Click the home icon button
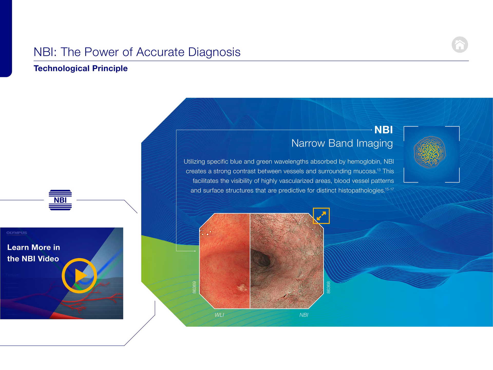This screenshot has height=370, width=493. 460,45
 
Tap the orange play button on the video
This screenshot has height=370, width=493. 79,276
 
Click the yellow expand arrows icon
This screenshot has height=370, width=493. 321,216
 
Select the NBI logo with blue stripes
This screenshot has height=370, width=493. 60,200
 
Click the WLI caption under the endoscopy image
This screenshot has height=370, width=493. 219,315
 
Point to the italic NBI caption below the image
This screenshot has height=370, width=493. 304,315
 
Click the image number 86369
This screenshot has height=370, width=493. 194,287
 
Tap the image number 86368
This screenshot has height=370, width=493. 328,287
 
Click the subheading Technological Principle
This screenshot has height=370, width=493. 81,68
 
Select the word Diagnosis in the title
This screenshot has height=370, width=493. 214,52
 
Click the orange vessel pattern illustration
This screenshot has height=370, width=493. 430,152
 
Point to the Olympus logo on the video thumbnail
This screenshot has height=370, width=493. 17,233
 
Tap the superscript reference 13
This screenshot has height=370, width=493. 379,170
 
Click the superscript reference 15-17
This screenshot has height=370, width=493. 390,189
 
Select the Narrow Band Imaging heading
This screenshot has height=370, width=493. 342,143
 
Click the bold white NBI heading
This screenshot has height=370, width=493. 384,130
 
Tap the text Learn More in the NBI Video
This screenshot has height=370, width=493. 34,253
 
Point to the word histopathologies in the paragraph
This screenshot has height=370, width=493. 362,191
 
